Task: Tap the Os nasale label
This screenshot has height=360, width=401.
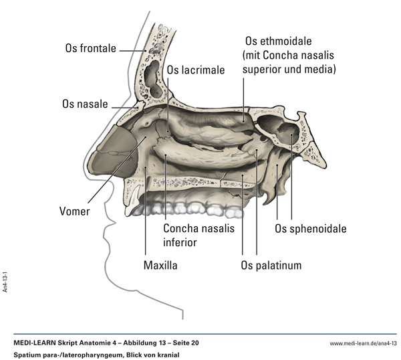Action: [x=85, y=104]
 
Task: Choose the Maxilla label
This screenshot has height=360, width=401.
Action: [x=160, y=266]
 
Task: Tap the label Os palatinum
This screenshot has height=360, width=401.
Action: [x=271, y=266]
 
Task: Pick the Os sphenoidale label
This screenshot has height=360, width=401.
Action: [x=311, y=229]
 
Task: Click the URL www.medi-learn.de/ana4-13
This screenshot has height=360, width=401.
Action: [x=363, y=343]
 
